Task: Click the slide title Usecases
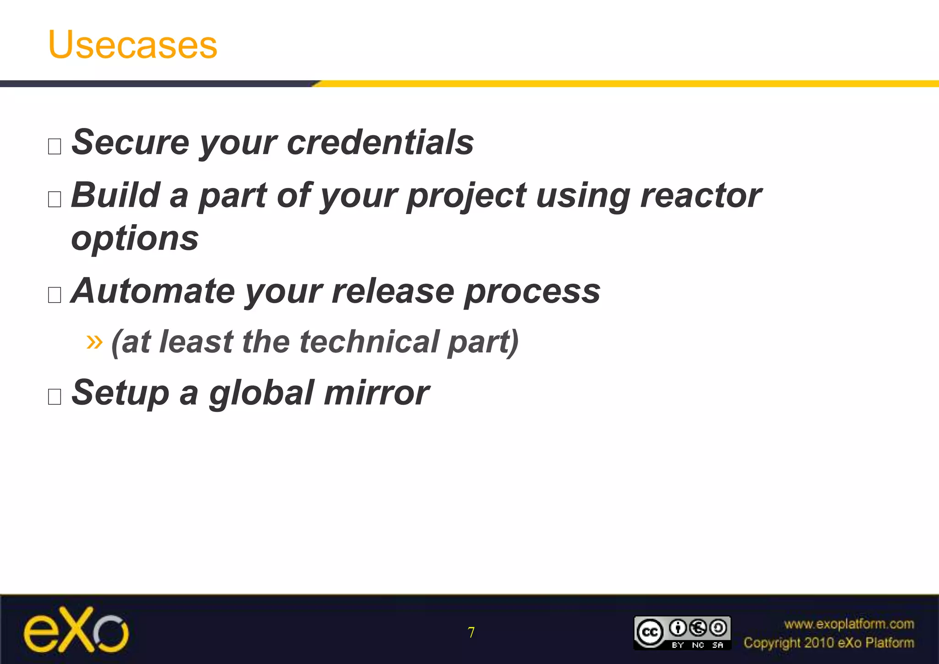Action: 133,44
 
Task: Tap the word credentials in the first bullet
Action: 380,142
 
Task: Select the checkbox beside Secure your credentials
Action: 55,147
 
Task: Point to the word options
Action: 135,238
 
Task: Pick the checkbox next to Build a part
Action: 55,199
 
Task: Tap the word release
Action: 392,291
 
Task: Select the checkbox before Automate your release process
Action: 55,295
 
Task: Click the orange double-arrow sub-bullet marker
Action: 94,341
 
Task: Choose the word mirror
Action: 376,393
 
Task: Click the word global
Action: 261,393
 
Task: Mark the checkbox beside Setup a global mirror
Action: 55,397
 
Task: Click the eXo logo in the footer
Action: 76,631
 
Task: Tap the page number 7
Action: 471,633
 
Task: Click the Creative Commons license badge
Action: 682,633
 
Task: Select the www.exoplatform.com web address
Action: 849,624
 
